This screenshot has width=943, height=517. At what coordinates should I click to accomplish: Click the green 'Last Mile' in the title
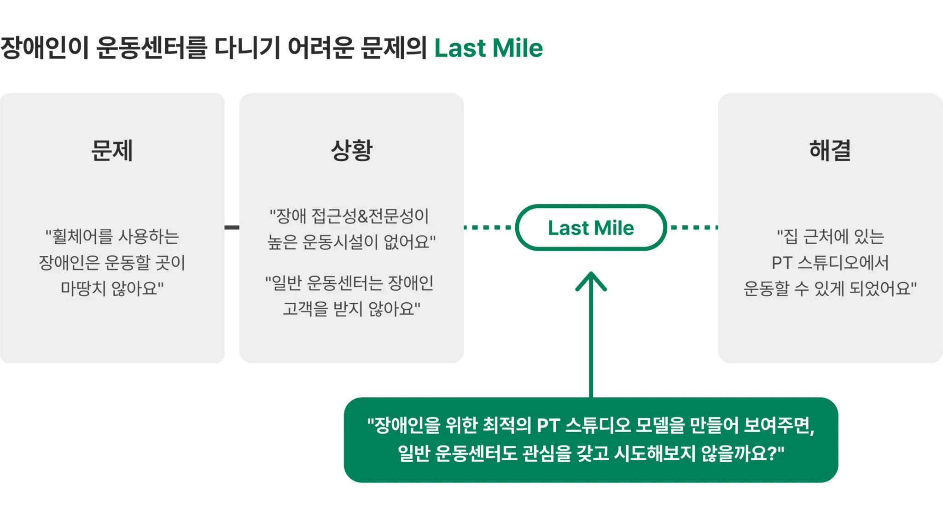click(489, 48)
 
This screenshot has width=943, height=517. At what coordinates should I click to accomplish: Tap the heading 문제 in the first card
click(112, 150)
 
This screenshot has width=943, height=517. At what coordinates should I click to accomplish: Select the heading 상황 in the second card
click(351, 150)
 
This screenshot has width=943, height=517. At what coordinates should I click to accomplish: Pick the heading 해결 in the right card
click(830, 150)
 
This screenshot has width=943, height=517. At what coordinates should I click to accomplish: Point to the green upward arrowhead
click(591, 281)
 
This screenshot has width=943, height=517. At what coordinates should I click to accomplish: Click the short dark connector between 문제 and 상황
click(232, 227)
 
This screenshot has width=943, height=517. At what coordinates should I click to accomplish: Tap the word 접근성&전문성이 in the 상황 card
click(370, 216)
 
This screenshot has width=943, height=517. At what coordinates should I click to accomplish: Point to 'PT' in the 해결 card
click(781, 263)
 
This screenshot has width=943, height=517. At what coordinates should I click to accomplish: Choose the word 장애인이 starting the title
click(44, 48)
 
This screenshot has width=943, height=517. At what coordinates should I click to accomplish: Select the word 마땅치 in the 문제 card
click(83, 288)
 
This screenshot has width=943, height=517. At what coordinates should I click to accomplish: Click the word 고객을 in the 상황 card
click(304, 308)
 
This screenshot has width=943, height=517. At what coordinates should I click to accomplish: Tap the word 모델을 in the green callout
click(660, 425)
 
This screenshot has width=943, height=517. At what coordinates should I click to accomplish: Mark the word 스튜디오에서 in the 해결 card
click(843, 263)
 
